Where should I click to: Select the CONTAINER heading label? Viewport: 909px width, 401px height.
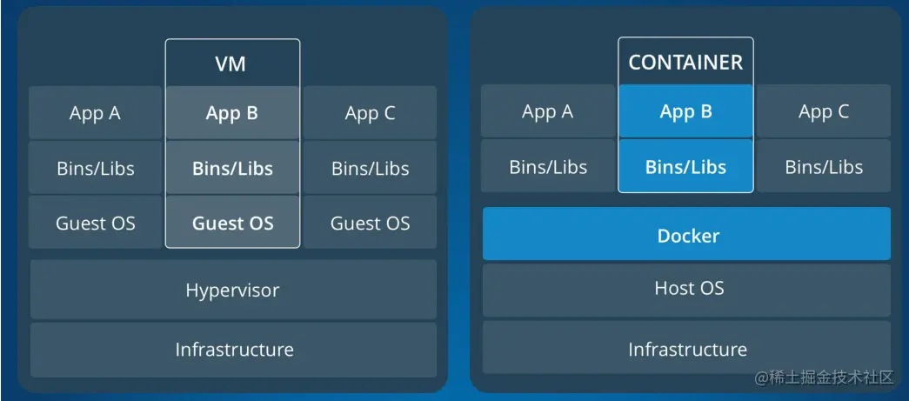click(685, 63)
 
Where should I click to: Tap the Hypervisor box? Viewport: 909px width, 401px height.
click(233, 289)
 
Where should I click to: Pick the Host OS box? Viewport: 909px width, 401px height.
click(686, 290)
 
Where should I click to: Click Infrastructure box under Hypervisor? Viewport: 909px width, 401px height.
click(233, 350)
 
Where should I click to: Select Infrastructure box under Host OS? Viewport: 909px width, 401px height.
click(686, 347)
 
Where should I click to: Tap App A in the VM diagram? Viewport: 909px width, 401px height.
click(95, 112)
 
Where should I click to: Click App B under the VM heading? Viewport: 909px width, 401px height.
click(232, 113)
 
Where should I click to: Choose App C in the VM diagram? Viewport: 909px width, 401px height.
click(370, 112)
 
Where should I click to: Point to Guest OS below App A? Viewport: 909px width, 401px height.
click(95, 222)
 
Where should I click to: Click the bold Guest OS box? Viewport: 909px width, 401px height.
click(232, 222)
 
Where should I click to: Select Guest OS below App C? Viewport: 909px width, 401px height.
click(370, 222)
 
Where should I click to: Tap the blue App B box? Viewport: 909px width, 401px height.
click(685, 111)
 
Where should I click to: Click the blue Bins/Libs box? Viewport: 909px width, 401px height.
click(685, 166)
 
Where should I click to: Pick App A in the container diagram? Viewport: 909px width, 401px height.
click(548, 111)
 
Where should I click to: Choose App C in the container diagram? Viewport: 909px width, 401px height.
click(823, 111)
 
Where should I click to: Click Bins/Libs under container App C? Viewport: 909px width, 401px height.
click(823, 166)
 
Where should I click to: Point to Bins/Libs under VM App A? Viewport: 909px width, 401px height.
click(95, 168)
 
